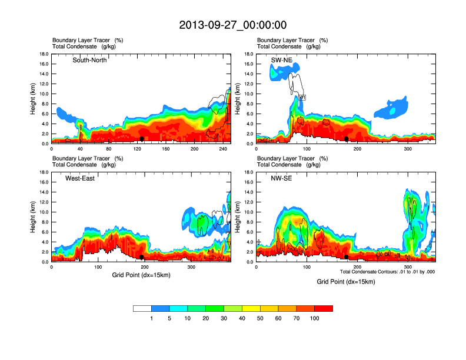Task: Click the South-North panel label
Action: point(89,60)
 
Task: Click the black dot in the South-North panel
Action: point(141,139)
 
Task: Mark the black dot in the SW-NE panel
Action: point(347,139)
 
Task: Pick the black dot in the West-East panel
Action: point(141,257)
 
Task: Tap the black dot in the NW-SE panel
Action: point(347,257)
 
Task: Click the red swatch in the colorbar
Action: point(324,308)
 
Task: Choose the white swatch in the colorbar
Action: point(142,308)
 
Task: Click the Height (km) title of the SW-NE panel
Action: point(238,98)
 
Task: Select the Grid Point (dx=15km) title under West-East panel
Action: point(141,275)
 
